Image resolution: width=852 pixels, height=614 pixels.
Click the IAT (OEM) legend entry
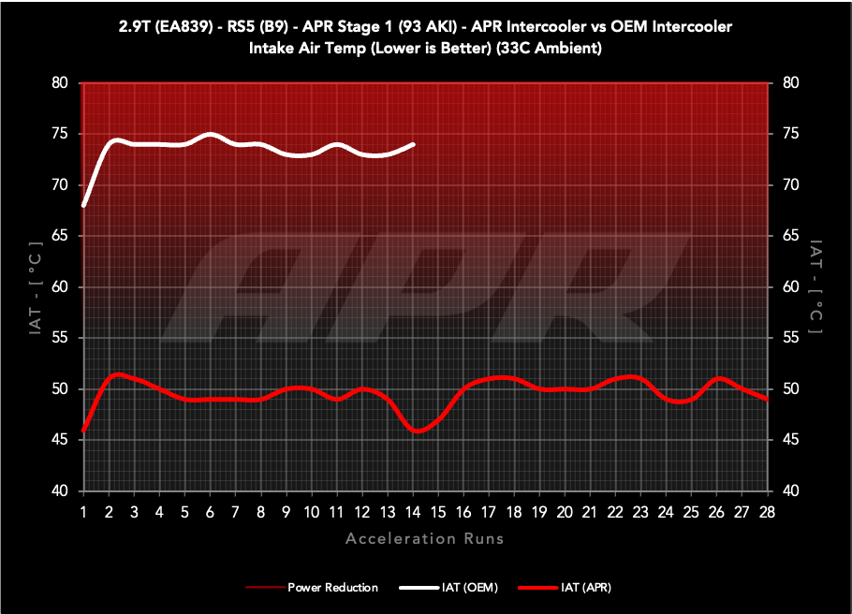pos(448,588)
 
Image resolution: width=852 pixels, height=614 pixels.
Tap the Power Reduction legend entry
pos(313,588)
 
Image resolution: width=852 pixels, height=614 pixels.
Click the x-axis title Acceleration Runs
pos(425,538)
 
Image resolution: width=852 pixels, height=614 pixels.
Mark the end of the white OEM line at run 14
pos(413,144)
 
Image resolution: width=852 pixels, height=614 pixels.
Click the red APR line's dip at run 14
pos(418,431)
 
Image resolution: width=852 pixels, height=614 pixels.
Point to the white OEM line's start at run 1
pos(84,205)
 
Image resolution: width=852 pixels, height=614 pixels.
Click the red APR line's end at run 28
pos(768,399)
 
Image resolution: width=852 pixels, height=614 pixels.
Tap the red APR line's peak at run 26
pos(718,378)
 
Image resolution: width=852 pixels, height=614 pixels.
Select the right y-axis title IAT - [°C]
pos(816,286)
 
